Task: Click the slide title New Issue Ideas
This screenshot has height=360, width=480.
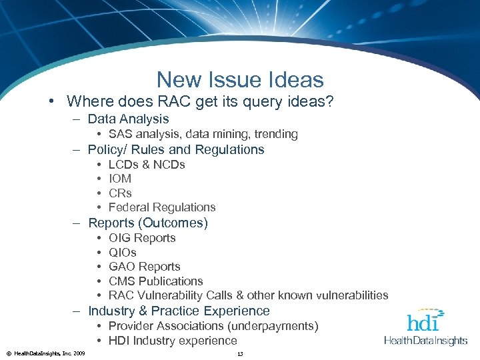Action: (x=240, y=80)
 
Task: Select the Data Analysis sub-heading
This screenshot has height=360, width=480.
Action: (x=128, y=119)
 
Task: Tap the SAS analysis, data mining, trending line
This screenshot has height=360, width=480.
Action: (x=203, y=135)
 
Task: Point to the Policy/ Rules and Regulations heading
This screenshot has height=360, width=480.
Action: (x=176, y=150)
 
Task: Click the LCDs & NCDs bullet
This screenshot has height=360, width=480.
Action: (x=147, y=165)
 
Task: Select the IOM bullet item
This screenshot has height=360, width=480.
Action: (x=120, y=179)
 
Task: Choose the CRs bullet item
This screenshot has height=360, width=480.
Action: (x=120, y=193)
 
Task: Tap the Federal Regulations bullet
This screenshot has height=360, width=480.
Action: (x=162, y=207)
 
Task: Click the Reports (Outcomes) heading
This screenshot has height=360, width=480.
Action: (x=148, y=223)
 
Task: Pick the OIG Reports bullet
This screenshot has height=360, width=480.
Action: (x=142, y=238)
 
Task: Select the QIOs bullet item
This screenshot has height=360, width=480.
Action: (x=123, y=253)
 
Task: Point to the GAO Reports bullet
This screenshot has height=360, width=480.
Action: (x=144, y=267)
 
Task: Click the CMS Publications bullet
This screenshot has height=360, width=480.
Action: (x=155, y=281)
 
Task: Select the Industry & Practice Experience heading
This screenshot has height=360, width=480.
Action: (x=179, y=311)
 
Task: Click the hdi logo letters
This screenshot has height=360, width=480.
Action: (x=422, y=322)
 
